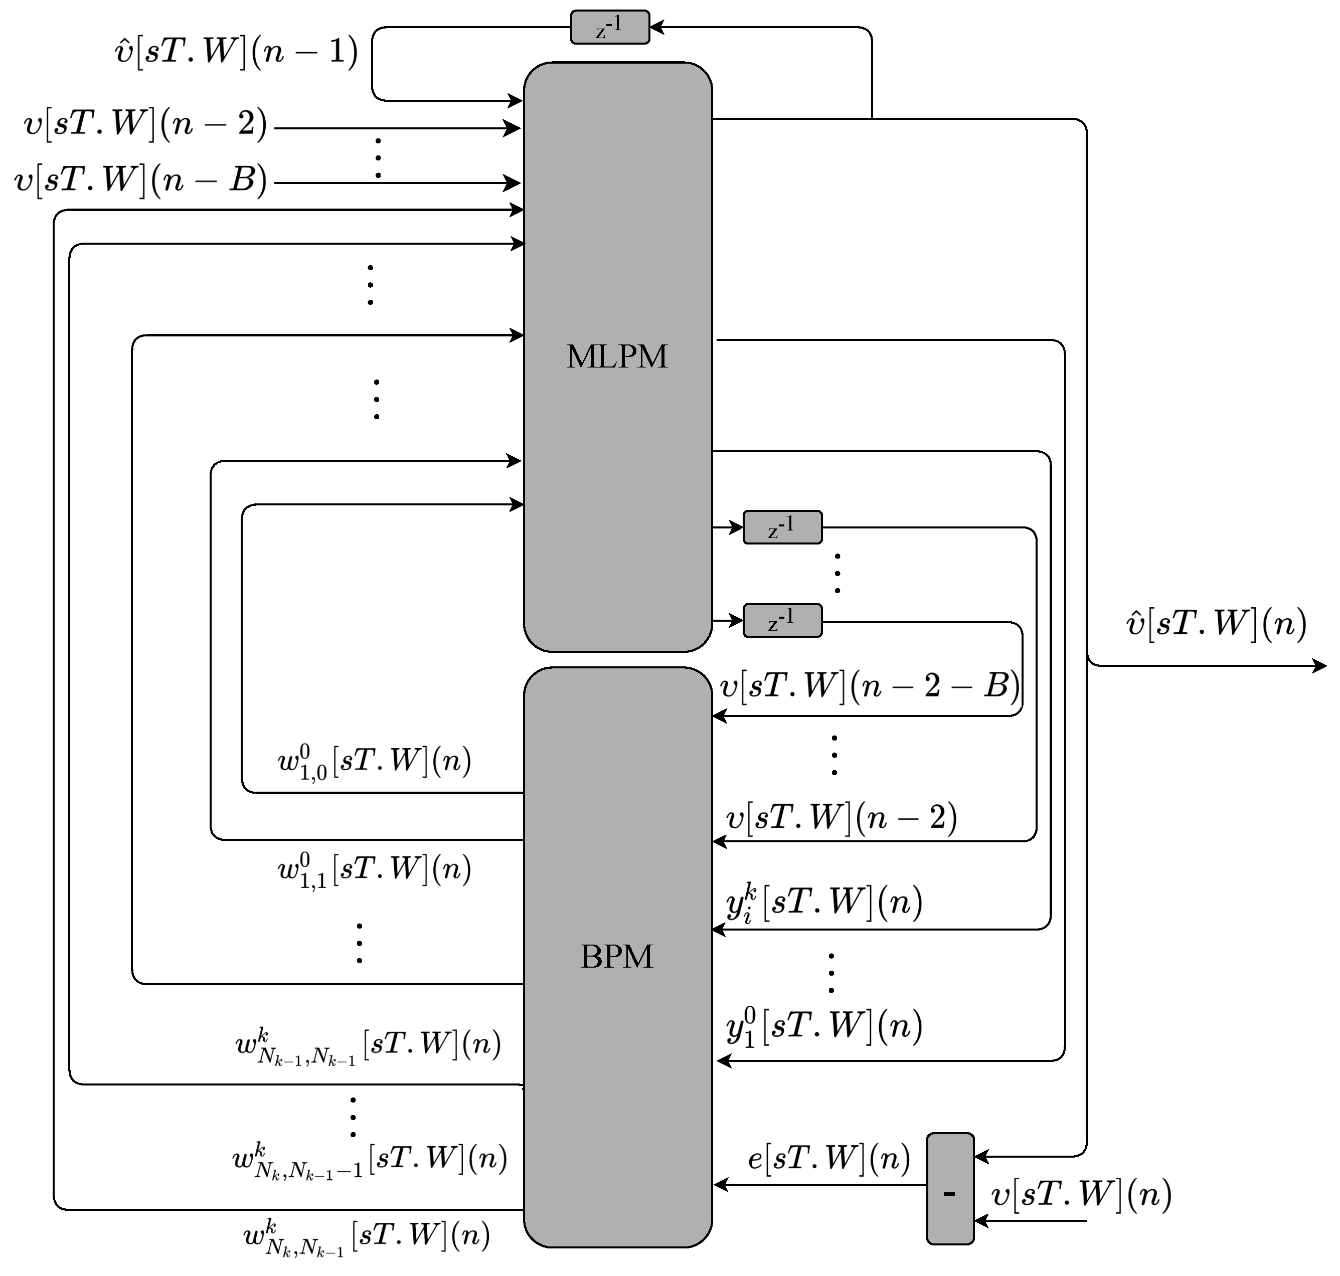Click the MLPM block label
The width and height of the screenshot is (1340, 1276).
[x=616, y=356]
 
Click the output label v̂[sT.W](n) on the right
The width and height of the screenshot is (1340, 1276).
[x=1216, y=623]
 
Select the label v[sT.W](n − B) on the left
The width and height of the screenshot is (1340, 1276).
[x=140, y=181]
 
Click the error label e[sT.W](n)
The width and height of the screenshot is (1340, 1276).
[x=828, y=1158]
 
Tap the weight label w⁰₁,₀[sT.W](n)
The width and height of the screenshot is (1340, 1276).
[x=374, y=761]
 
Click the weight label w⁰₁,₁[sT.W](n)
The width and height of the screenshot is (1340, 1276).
[x=374, y=870]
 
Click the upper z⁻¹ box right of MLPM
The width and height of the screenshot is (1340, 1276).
[x=782, y=527]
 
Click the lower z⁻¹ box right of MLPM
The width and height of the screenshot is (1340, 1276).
[x=782, y=620]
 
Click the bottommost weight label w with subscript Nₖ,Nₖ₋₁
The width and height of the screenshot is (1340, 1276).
[x=366, y=1236]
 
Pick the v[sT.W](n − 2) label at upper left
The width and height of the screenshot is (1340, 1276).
[x=145, y=124]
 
